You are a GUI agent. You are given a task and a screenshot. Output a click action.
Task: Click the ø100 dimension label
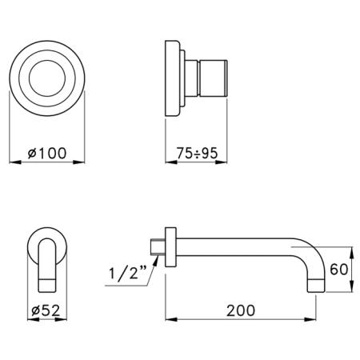coord(47,153)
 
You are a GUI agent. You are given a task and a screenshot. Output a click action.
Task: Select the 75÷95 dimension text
coord(197,153)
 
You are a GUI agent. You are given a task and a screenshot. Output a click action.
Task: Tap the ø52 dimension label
coord(46,310)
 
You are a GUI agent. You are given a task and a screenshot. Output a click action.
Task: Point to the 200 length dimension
coord(241,310)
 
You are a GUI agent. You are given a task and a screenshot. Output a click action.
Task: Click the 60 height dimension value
coord(338,270)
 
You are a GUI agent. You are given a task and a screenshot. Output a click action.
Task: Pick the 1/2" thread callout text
coord(128,274)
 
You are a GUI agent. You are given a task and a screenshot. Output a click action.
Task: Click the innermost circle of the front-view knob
coord(47,78)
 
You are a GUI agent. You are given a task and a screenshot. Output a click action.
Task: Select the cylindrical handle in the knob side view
coord(214,78)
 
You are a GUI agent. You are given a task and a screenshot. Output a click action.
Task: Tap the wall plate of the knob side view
coord(172,78)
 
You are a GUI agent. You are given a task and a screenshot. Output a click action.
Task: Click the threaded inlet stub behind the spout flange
coord(158,246)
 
